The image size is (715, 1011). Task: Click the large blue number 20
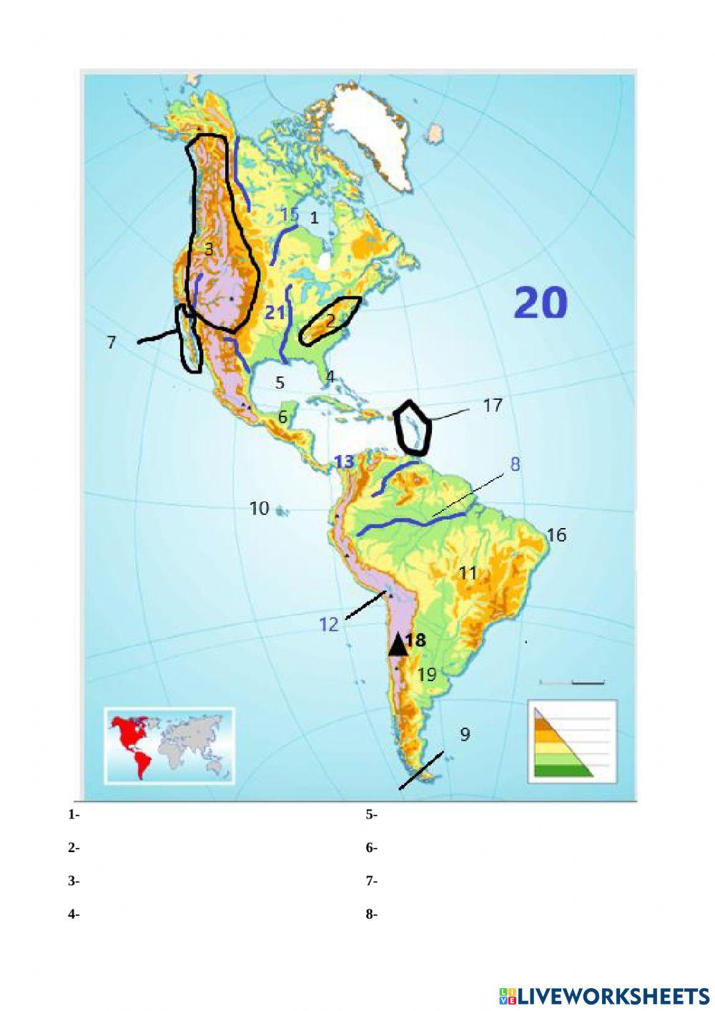tap(541, 303)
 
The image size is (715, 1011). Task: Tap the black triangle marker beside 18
tap(398, 644)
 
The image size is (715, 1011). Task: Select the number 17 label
tap(492, 406)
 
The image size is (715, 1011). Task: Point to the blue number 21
tap(275, 313)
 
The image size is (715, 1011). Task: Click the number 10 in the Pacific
tap(259, 508)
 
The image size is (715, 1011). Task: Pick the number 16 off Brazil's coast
tap(556, 534)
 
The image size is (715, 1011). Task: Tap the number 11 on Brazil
tap(468, 572)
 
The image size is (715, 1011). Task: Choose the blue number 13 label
tap(344, 462)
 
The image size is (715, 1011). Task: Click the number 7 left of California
tap(111, 343)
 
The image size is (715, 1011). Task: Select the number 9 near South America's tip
tap(465, 734)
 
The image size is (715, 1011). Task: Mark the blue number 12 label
tap(328, 625)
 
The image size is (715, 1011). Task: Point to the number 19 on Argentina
tap(427, 674)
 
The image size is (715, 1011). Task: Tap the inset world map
tap(169, 745)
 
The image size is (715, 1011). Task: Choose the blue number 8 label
tap(515, 464)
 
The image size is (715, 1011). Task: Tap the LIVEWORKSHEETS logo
tap(604, 995)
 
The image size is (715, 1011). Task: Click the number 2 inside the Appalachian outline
tap(330, 320)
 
